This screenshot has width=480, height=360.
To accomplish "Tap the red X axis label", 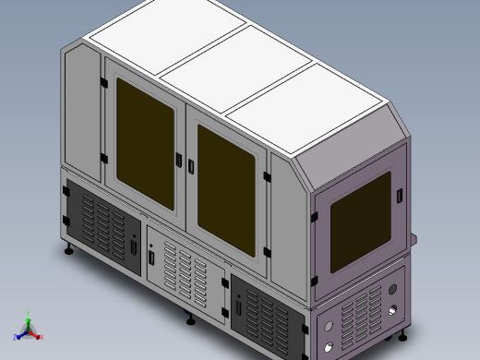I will (x=42, y=337).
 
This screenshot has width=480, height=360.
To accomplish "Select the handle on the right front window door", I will (x=191, y=167).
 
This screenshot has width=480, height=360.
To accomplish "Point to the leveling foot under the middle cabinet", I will (x=191, y=321).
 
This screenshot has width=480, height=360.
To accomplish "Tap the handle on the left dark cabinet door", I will (x=135, y=247).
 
